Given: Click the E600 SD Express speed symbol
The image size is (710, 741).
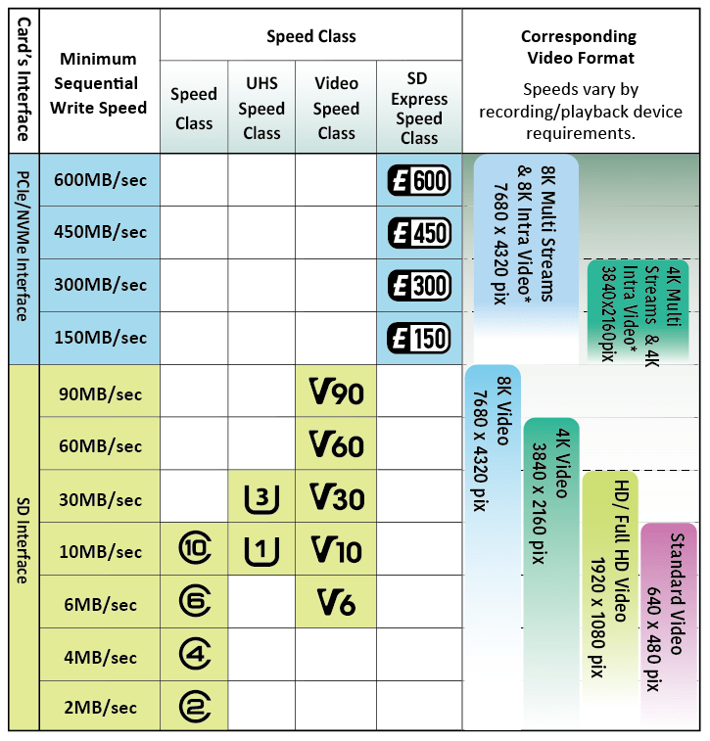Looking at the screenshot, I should click(x=419, y=180).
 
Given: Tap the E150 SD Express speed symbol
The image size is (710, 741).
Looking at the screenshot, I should click(x=419, y=338).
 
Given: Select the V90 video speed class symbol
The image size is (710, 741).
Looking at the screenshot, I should click(x=336, y=394).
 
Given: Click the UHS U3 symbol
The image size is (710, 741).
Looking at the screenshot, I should click(x=261, y=498).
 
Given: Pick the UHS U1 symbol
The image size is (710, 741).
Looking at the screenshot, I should click(x=261, y=551).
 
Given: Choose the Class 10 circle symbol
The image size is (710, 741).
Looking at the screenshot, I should click(x=194, y=550).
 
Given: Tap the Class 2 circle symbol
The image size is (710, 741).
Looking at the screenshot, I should click(x=194, y=707).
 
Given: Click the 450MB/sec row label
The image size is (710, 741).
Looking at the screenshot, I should click(x=100, y=232).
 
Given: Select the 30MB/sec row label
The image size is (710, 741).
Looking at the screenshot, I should click(x=100, y=499).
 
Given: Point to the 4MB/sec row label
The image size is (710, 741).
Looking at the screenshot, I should click(x=100, y=655).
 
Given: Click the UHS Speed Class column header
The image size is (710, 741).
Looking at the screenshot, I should click(x=261, y=108).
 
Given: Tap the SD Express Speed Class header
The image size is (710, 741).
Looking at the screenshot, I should click(x=419, y=108).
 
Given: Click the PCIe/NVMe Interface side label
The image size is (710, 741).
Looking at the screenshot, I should click(x=22, y=257).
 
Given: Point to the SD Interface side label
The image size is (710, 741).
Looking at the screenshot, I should click(x=22, y=548).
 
